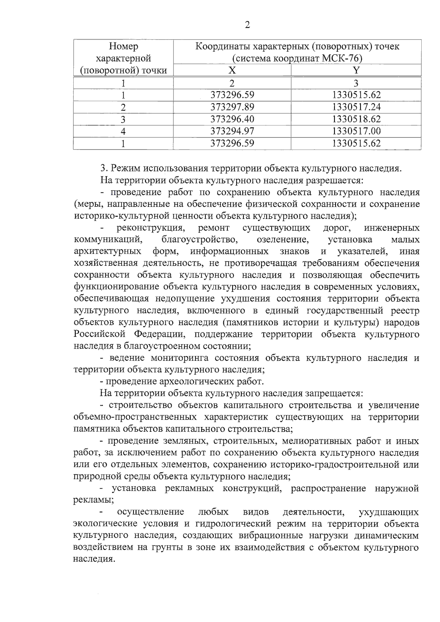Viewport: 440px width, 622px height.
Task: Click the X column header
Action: pyautogui.click(x=232, y=70)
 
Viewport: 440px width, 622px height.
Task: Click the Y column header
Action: pyautogui.click(x=356, y=70)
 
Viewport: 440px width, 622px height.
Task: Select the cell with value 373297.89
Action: pyautogui.click(x=232, y=107)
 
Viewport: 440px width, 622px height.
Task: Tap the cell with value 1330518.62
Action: pyautogui.click(x=356, y=119)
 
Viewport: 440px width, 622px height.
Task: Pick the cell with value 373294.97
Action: pyautogui.click(x=232, y=131)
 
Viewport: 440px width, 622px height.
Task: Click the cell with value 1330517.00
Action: pyautogui.click(x=356, y=131)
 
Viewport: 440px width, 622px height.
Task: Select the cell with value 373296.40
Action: pyautogui.click(x=232, y=119)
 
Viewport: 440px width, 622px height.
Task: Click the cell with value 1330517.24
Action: pyautogui.click(x=356, y=107)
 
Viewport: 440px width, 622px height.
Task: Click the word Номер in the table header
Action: pyautogui.click(x=124, y=47)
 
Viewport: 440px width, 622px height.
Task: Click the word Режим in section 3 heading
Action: pyautogui.click(x=126, y=169)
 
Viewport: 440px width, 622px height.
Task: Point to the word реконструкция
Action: pyautogui.click(x=150, y=228)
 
